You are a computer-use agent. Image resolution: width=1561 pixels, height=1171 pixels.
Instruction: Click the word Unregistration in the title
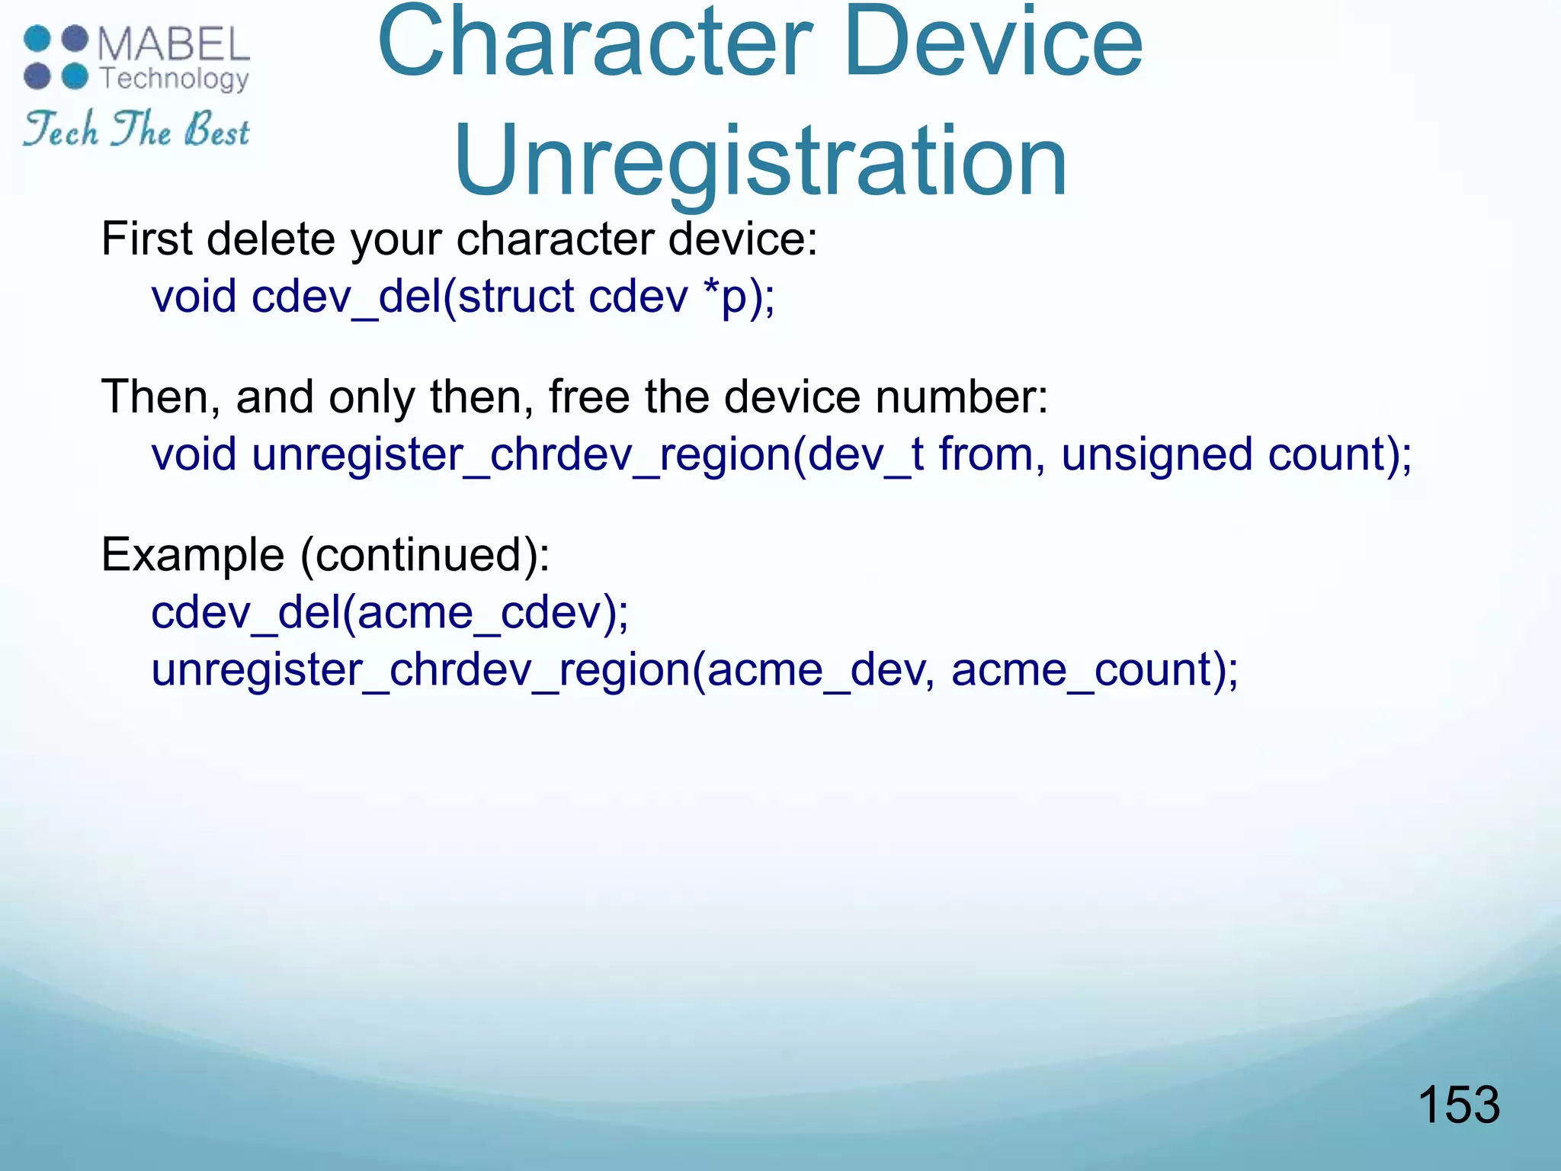click(761, 162)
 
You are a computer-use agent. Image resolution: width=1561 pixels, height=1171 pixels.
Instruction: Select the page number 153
click(1458, 1105)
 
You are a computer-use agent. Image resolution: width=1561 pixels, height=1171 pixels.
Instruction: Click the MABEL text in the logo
click(174, 44)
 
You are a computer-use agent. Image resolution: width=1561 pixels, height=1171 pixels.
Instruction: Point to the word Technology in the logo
click(175, 79)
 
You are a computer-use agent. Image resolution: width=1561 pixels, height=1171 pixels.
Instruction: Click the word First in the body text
click(146, 239)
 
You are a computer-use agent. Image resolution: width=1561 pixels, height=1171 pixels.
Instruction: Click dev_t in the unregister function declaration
click(865, 454)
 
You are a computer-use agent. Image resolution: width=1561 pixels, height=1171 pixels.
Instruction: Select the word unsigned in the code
click(1156, 454)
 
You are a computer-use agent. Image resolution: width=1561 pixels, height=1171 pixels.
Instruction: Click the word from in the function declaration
click(985, 454)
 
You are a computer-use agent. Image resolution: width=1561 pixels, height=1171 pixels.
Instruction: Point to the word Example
click(193, 554)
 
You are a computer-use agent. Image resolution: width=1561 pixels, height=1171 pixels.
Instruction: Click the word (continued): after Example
click(425, 554)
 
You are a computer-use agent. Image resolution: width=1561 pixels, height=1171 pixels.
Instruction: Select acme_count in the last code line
click(1082, 670)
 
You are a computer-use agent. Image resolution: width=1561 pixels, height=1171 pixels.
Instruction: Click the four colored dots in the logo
click(56, 58)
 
